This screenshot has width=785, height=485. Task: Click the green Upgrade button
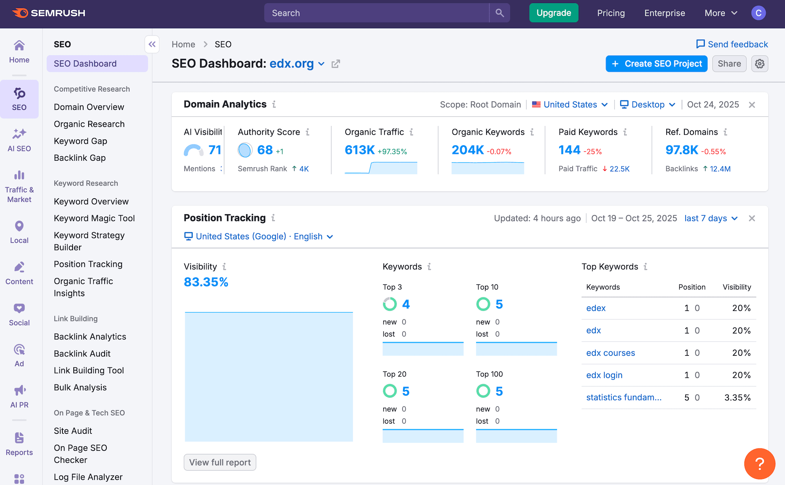click(x=553, y=13)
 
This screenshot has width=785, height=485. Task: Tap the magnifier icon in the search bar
click(x=500, y=13)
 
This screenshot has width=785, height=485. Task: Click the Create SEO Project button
click(x=656, y=64)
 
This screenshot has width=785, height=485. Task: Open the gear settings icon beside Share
click(x=760, y=64)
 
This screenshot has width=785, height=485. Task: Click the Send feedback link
click(x=732, y=44)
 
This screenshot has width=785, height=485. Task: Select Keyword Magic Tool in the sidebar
click(x=94, y=218)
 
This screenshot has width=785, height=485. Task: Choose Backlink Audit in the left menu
click(x=82, y=354)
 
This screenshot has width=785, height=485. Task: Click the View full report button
click(x=220, y=462)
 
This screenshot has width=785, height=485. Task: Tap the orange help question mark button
click(x=760, y=464)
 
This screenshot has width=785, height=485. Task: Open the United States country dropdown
click(x=570, y=105)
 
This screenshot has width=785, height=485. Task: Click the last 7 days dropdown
click(x=711, y=218)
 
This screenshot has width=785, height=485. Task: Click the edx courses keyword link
click(x=610, y=353)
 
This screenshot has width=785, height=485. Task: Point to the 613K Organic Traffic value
click(x=359, y=150)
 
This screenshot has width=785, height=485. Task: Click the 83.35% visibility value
click(x=206, y=282)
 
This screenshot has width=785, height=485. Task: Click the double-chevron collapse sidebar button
click(x=152, y=44)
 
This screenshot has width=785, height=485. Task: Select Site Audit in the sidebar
click(x=73, y=431)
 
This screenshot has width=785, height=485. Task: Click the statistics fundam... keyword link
click(x=623, y=398)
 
